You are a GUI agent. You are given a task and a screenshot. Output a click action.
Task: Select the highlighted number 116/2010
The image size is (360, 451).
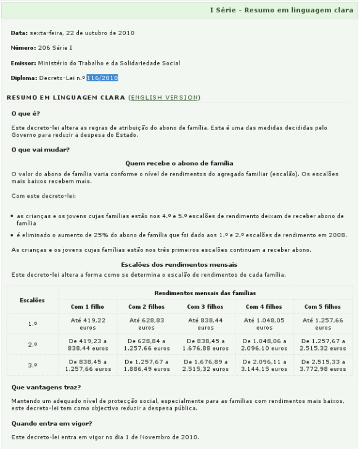[102, 78]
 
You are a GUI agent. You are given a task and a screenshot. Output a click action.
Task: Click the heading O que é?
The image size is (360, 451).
[25, 113]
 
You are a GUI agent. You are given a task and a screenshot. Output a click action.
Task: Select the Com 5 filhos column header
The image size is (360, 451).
[324, 306]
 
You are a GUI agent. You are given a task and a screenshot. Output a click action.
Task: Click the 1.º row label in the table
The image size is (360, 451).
[33, 323]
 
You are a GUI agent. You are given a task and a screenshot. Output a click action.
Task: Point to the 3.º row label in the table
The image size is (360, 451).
[33, 365]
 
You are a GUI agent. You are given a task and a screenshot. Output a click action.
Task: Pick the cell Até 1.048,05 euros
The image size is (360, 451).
[264, 323]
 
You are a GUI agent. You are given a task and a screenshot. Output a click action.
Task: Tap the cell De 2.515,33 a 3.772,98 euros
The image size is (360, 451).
[324, 365]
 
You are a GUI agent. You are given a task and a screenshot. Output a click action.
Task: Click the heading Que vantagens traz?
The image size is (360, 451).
[42, 388]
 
